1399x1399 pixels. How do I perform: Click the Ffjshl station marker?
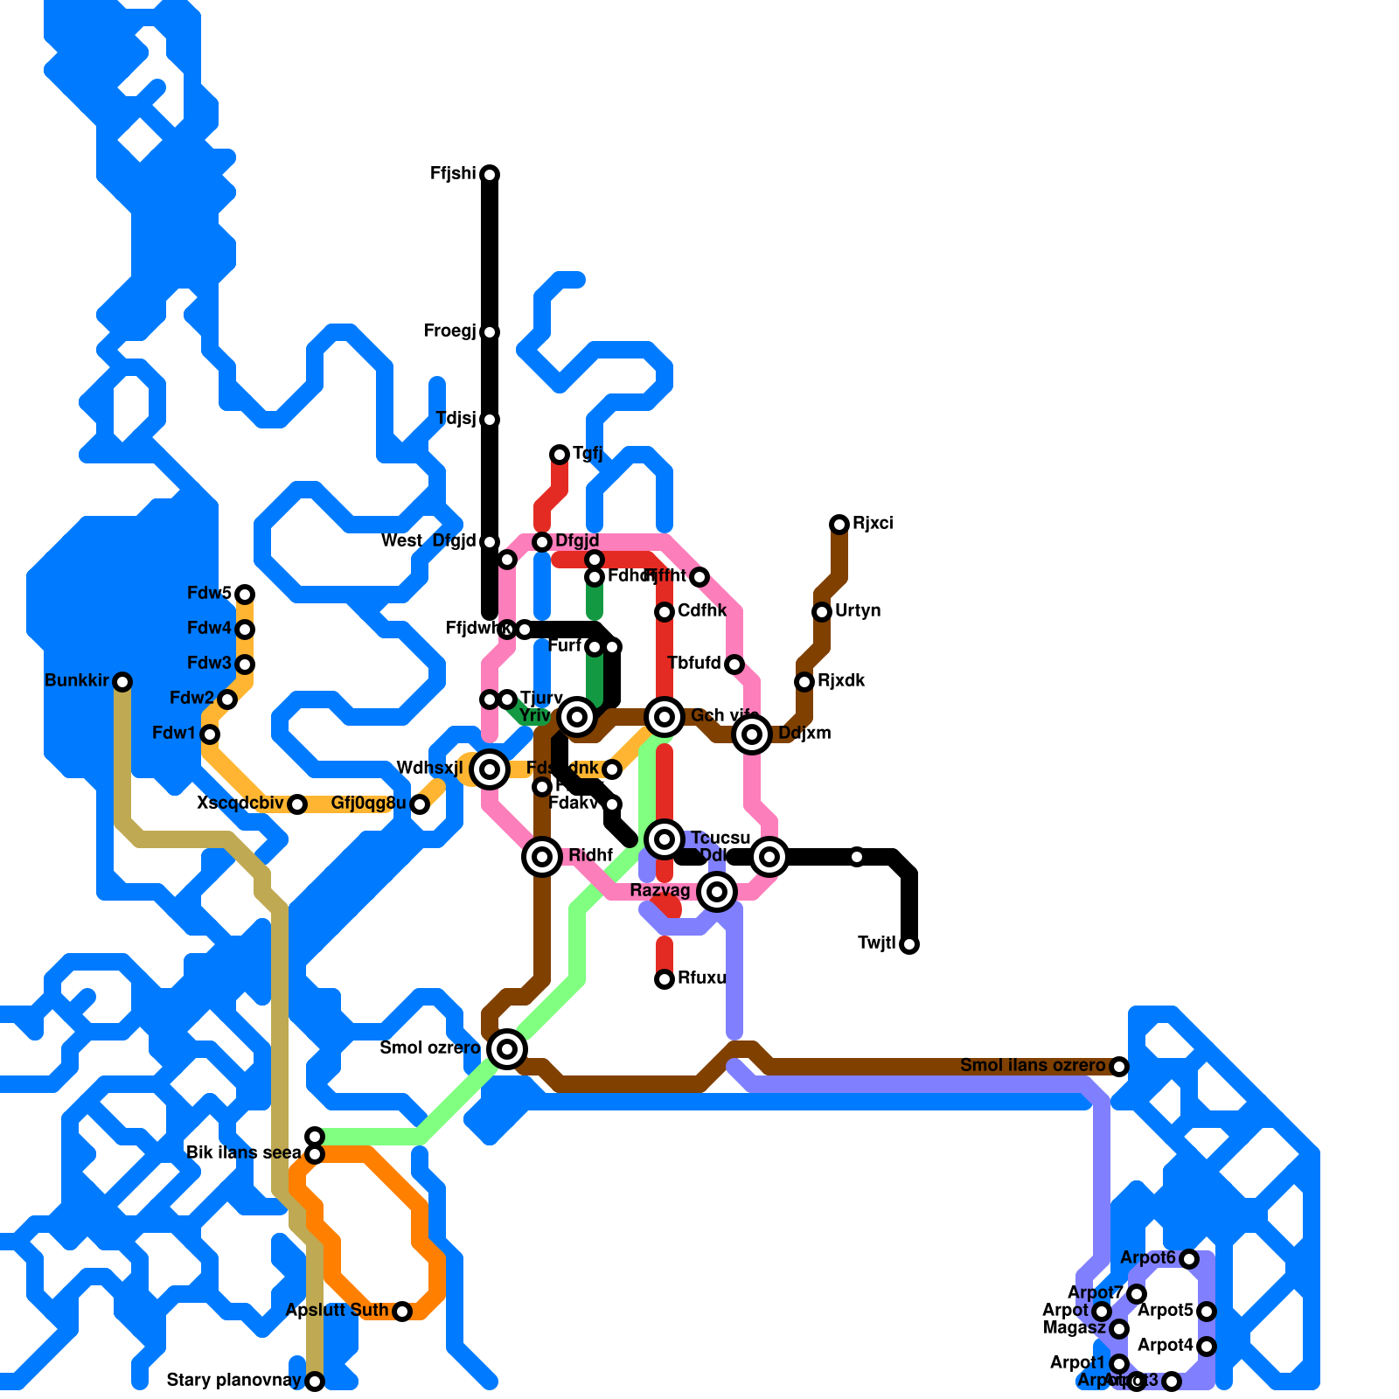[x=490, y=175]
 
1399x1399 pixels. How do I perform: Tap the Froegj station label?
[x=449, y=331]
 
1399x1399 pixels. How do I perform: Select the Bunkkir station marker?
[x=122, y=682]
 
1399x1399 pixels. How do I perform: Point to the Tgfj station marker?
[x=560, y=455]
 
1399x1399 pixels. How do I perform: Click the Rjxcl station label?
[x=873, y=524]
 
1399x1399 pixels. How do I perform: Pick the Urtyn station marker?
[x=822, y=612]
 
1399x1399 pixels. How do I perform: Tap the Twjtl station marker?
[x=909, y=944]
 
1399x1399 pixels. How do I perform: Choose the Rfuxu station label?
[x=701, y=978]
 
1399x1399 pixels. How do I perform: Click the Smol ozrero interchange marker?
[x=507, y=1049]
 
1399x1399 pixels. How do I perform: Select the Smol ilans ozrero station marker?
[x=1119, y=1067]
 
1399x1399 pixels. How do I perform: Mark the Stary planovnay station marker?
[x=315, y=1382]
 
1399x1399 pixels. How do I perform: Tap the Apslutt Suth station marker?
[x=402, y=1312]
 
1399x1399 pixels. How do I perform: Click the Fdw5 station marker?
[x=245, y=595]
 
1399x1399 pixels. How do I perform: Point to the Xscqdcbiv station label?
[x=240, y=804]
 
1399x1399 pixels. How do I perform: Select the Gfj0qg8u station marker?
[x=420, y=804]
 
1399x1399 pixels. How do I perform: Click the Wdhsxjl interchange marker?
[x=490, y=769]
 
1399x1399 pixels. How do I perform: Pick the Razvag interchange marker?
[x=717, y=892]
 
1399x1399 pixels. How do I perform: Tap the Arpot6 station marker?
[x=1189, y=1259]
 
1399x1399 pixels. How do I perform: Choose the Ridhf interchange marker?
[x=542, y=857]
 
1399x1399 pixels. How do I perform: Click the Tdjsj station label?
[x=456, y=419]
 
